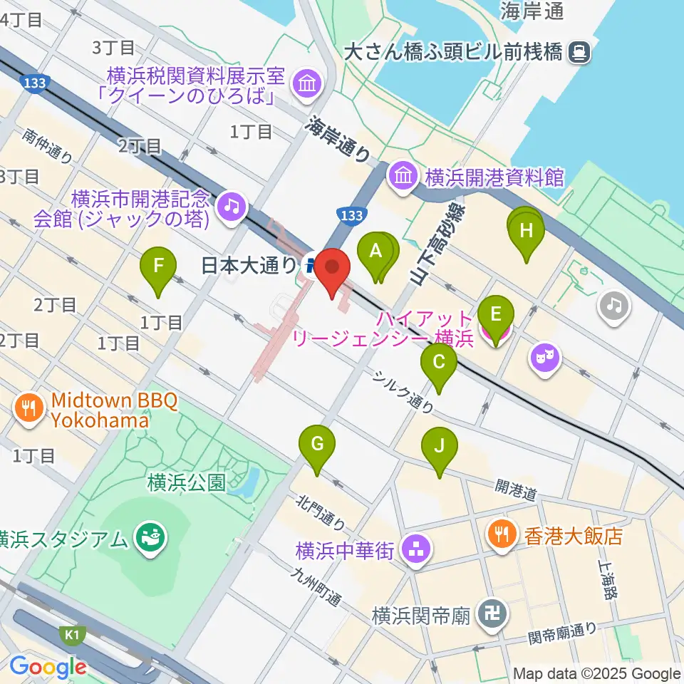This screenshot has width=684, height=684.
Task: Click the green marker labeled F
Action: pos(158,268)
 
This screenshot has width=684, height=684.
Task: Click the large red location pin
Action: pos(333,268)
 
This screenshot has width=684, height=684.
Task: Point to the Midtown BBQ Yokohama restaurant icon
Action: pos(28,408)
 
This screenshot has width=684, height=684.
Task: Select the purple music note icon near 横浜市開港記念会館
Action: pos(232,206)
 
